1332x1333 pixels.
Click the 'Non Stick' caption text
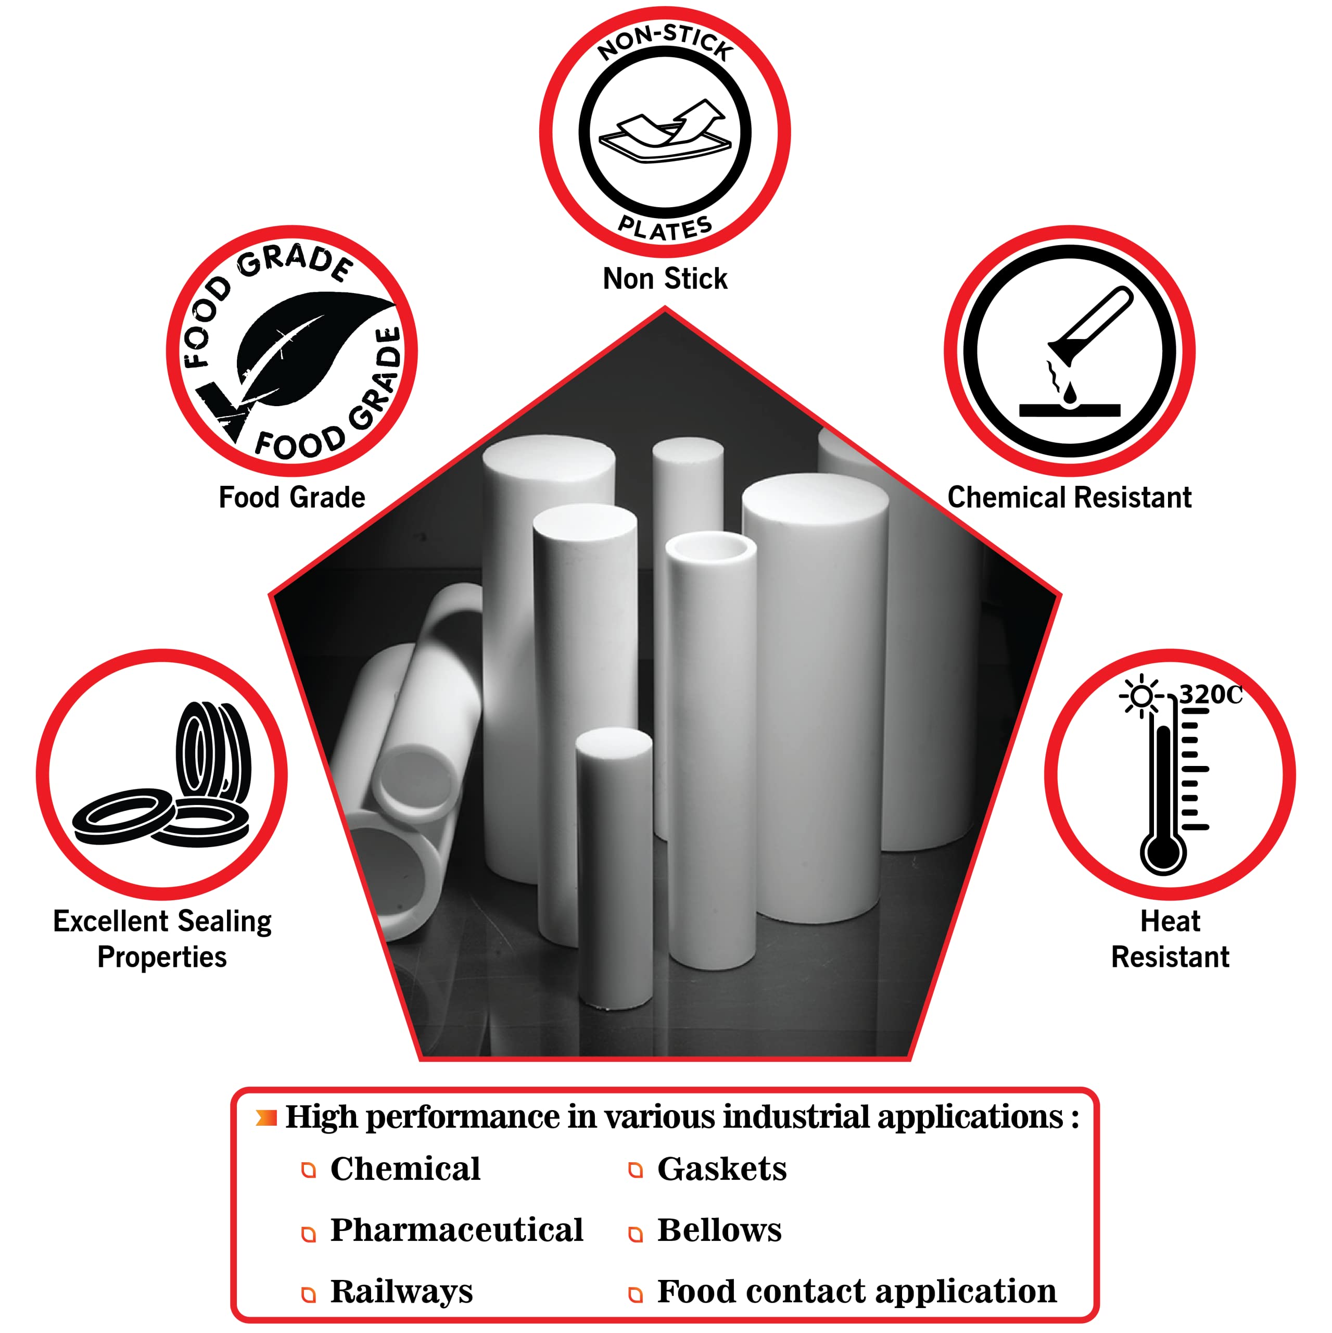click(665, 279)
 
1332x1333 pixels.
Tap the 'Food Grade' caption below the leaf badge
click(292, 497)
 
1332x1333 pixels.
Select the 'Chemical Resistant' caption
click(1069, 497)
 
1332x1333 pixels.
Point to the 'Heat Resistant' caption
click(1170, 939)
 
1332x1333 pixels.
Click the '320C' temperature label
click(1211, 694)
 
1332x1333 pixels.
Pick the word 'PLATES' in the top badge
click(665, 228)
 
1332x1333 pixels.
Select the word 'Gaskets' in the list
click(721, 1169)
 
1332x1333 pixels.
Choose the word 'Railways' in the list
click(401, 1291)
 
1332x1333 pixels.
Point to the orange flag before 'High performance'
click(267, 1118)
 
